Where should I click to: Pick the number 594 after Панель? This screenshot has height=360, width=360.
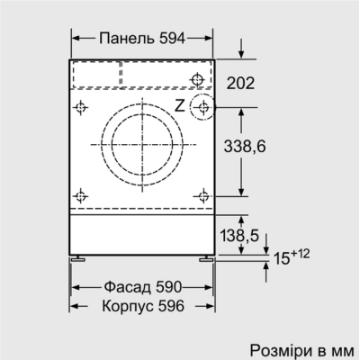(169, 38)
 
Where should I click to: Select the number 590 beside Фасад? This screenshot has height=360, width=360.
(166, 286)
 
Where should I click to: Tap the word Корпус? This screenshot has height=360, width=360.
(121, 306)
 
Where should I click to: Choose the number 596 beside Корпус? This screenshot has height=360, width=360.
(169, 306)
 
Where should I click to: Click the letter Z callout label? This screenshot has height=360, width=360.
(179, 105)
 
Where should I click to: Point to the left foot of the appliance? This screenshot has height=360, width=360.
(82, 258)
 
